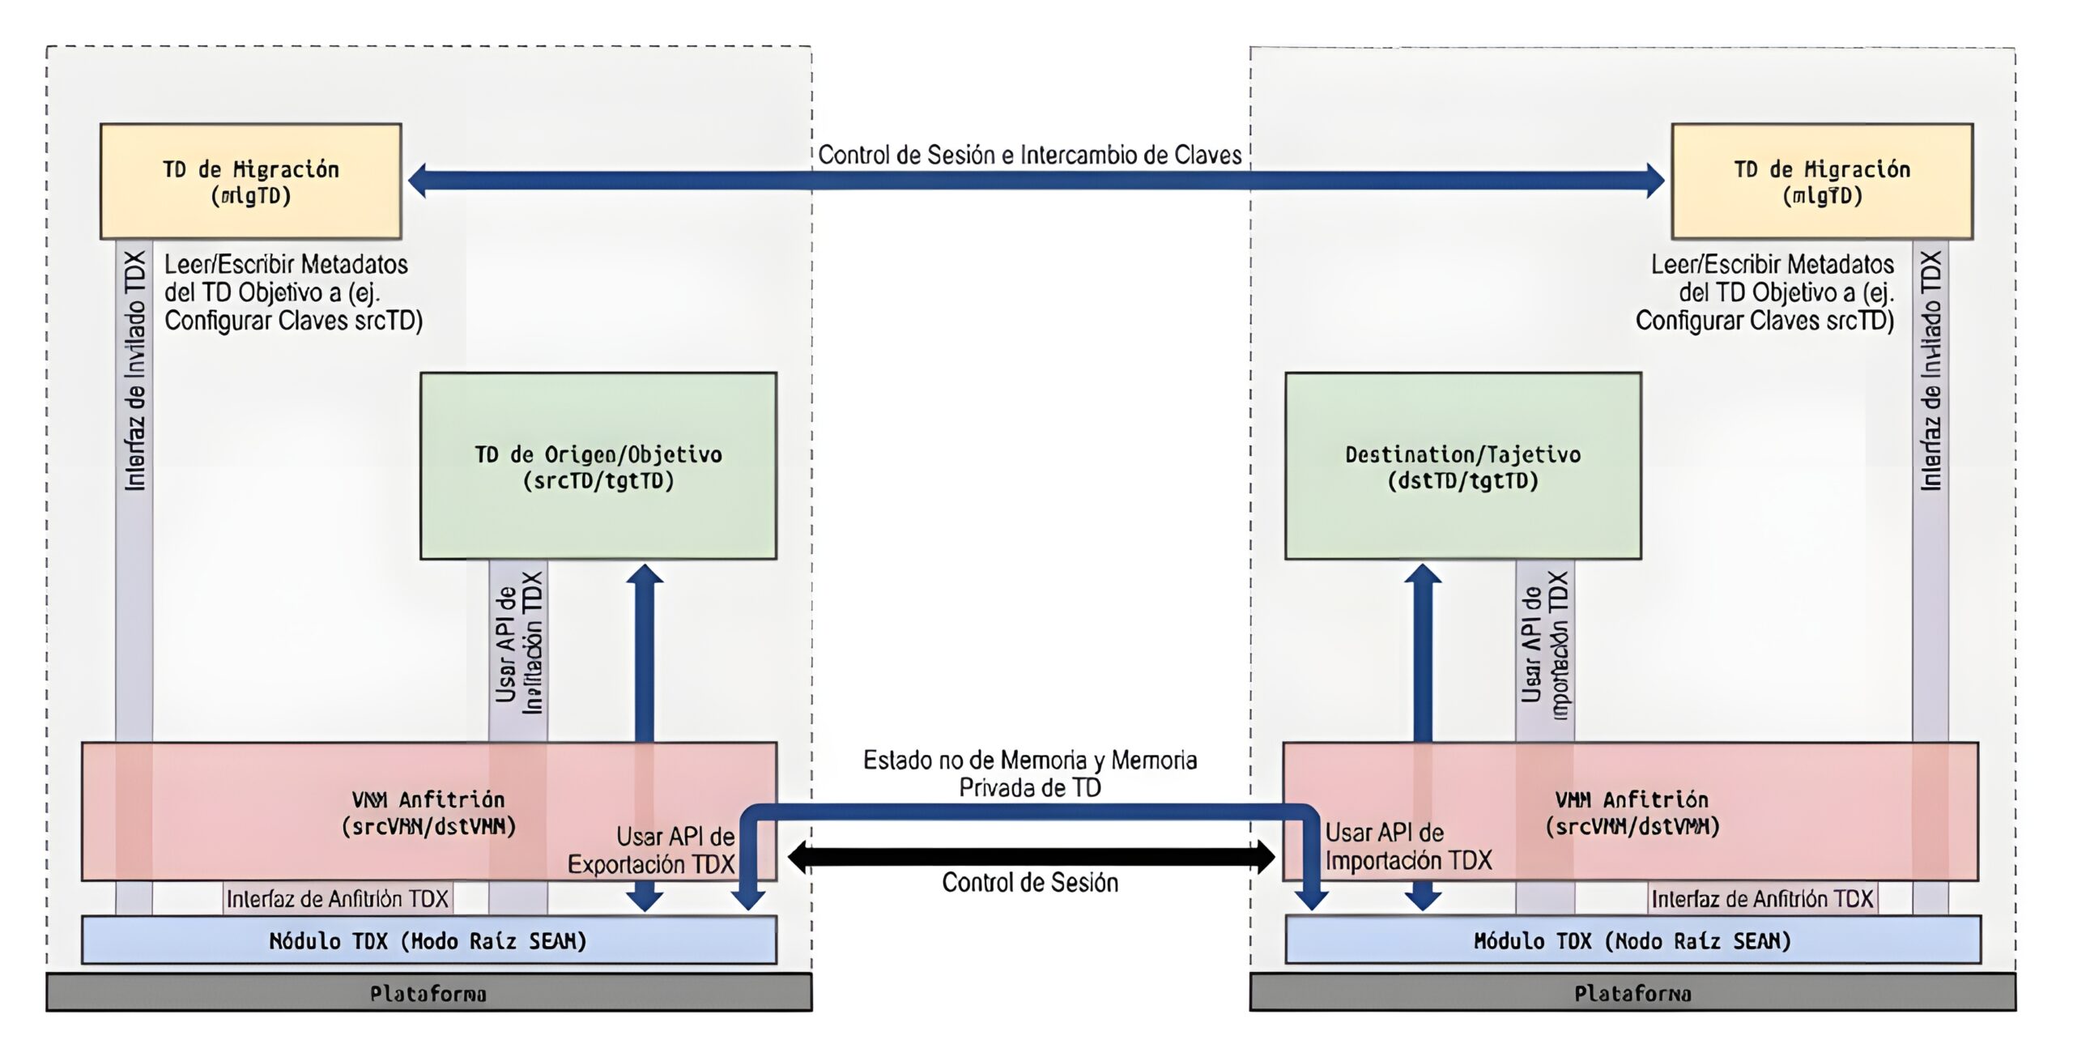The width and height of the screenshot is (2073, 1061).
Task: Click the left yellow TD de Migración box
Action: click(x=250, y=181)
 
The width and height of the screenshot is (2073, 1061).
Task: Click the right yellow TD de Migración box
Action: click(x=1822, y=181)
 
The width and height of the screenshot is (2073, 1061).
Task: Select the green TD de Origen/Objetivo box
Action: click(x=598, y=466)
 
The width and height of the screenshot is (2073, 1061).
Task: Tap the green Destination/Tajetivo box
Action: click(x=1462, y=466)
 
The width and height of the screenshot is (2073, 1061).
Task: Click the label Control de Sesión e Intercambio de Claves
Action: click(x=1029, y=155)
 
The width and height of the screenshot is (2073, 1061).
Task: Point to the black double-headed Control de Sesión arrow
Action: click(x=1031, y=857)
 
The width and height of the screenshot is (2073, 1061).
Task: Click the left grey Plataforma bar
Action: click(x=428, y=993)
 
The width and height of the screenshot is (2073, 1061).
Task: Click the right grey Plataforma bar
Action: click(x=1632, y=993)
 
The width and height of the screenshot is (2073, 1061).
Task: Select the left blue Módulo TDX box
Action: click(x=428, y=940)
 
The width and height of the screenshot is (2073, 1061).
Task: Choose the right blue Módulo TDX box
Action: click(x=1632, y=940)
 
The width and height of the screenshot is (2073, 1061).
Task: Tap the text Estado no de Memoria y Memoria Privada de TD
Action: click(x=1029, y=773)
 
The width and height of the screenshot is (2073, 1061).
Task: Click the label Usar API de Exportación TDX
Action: click(x=653, y=850)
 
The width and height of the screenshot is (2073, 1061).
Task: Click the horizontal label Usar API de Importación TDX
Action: click(x=1407, y=846)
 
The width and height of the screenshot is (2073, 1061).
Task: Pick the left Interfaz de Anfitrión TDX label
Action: click(x=337, y=899)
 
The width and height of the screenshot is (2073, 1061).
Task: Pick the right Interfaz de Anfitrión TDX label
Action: click(x=1762, y=899)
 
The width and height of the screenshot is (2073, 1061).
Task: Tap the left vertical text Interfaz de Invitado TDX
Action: click(x=134, y=371)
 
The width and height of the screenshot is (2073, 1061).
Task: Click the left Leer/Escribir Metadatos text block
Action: click(x=293, y=292)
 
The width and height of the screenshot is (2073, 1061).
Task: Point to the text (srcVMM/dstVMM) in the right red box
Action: click(x=1632, y=827)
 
